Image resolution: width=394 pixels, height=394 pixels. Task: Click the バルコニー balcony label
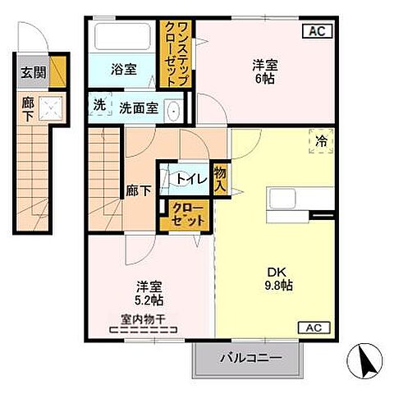(251, 358)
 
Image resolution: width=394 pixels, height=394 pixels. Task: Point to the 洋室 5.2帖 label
(149, 294)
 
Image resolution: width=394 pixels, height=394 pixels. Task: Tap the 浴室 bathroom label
(124, 70)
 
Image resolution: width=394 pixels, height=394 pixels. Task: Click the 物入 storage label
(219, 177)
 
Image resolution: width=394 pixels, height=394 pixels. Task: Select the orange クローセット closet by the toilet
(189, 216)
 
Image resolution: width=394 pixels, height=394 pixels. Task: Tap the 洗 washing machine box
(98, 106)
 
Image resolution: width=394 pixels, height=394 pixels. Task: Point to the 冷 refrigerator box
(322, 141)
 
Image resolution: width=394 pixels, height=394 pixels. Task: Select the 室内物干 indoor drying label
(144, 321)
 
